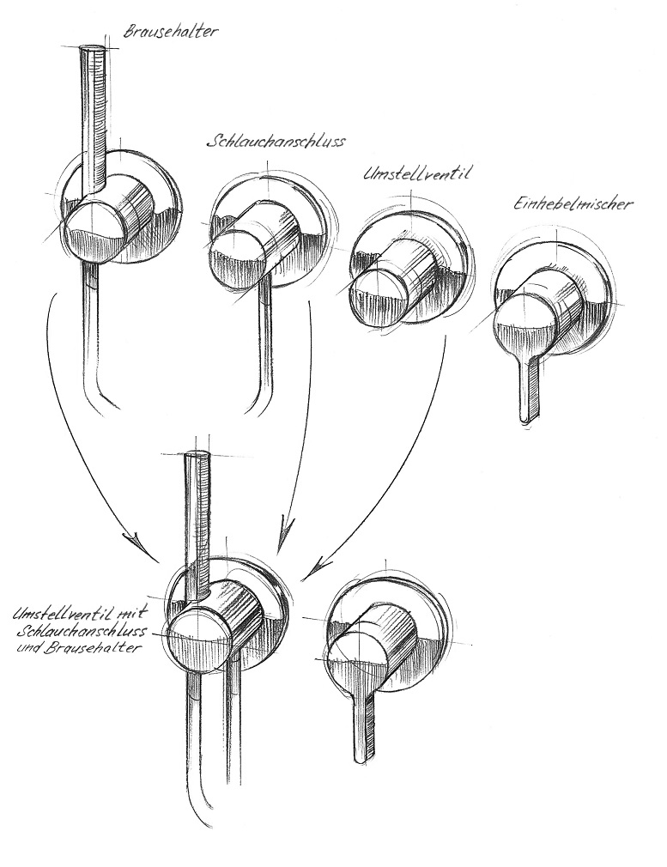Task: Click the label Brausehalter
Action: point(171,33)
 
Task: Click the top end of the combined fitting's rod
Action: point(197,458)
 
